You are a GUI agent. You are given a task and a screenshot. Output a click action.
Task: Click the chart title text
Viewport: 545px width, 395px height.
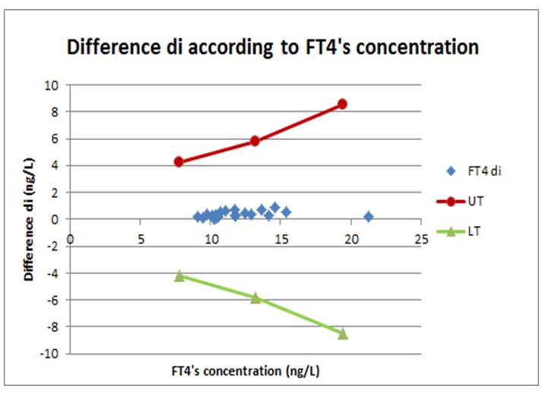[x=273, y=48]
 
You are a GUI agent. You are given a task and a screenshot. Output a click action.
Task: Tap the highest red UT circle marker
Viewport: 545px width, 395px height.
[x=342, y=104]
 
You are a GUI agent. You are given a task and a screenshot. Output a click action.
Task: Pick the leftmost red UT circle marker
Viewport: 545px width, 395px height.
[x=179, y=161]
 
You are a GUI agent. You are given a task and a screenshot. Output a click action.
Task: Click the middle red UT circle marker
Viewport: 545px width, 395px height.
[x=255, y=141]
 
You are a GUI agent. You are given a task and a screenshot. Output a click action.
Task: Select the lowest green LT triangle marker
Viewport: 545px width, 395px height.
[x=343, y=333]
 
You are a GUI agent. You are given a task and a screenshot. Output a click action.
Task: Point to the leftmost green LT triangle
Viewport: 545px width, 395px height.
[x=179, y=276]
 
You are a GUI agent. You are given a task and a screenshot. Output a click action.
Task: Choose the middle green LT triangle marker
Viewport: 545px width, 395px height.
[x=255, y=297]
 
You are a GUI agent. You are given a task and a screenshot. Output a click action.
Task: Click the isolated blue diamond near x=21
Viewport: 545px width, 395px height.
[x=369, y=217]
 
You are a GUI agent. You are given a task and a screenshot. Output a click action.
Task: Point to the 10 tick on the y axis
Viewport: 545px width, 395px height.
[x=55, y=85]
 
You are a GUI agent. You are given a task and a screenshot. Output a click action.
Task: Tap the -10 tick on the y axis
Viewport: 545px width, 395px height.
[x=53, y=354]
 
